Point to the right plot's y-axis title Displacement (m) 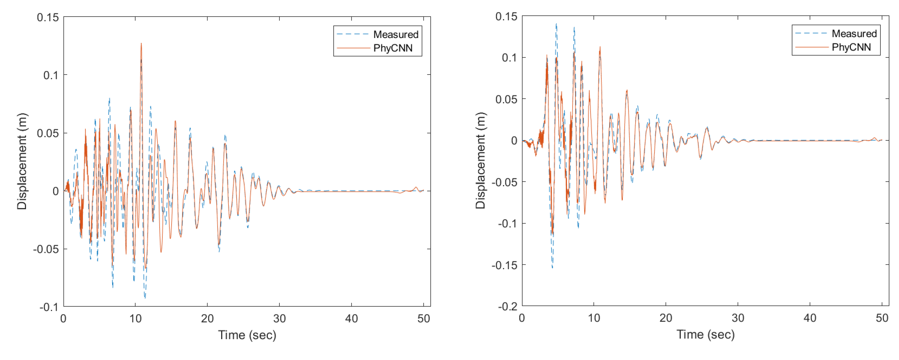pyautogui.click(x=481, y=161)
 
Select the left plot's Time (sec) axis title pyautogui.click(x=247, y=335)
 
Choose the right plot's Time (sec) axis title pyautogui.click(x=706, y=334)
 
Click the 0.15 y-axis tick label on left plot pyautogui.click(x=48, y=17)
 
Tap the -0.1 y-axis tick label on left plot pyautogui.click(x=49, y=307)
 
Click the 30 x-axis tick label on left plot pyautogui.click(x=279, y=319)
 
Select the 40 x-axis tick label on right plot pyautogui.click(x=810, y=318)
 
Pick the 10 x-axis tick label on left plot pyautogui.click(x=136, y=319)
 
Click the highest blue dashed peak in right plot pyautogui.click(x=556, y=24)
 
